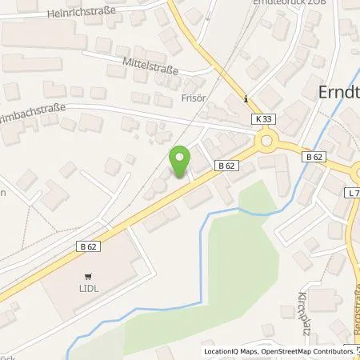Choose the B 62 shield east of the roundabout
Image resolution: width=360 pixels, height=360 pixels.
pyautogui.click(x=314, y=158)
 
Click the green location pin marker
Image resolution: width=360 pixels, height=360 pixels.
pyautogui.click(x=180, y=162)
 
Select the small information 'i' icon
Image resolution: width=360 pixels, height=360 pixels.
pyautogui.click(x=246, y=100)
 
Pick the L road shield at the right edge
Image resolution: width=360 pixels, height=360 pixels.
pyautogui.click(x=353, y=193)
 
